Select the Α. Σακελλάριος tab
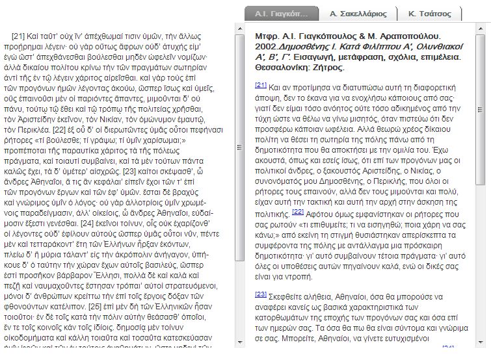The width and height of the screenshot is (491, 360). point(358,13)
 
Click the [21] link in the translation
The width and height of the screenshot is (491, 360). point(260,84)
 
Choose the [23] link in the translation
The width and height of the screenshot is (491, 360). point(260,294)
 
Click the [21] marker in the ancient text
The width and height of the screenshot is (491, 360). point(18,36)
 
